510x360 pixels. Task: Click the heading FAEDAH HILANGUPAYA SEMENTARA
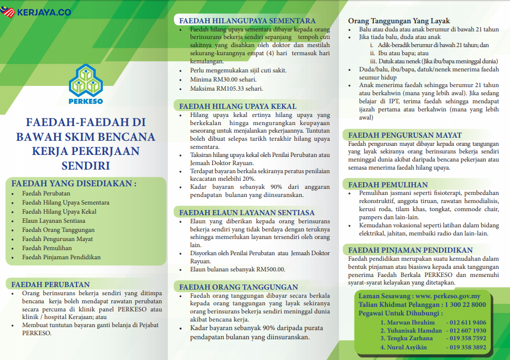[x=247, y=21]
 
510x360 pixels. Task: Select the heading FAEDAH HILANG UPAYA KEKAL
[x=238, y=106]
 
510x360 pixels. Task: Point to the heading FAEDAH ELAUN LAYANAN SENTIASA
[x=247, y=213]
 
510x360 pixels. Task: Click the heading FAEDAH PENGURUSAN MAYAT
[x=405, y=135]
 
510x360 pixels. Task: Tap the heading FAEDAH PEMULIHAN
[x=388, y=185]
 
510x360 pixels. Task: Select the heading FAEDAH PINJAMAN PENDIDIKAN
[x=410, y=250]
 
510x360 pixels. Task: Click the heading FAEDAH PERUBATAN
[x=50, y=285]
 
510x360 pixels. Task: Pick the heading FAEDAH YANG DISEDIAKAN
[x=74, y=183]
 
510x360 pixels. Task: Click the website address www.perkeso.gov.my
[x=445, y=296]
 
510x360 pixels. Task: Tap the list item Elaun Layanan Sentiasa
[x=54, y=221]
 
